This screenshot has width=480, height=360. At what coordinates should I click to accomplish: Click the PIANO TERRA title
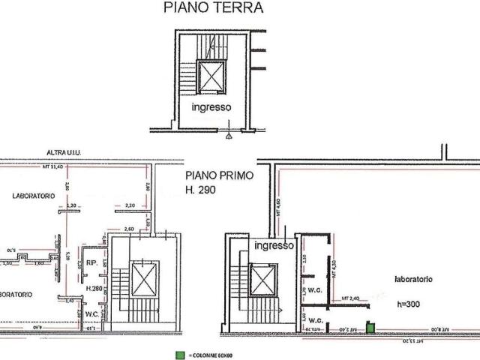tap(213, 8)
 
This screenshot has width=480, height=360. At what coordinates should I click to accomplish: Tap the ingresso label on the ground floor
tap(211, 107)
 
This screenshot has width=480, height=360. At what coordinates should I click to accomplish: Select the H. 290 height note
tap(200, 191)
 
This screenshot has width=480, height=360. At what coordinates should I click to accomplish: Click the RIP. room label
tap(91, 263)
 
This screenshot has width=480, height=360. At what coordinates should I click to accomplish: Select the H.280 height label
tap(94, 288)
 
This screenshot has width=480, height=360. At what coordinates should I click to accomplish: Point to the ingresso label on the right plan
tap(272, 245)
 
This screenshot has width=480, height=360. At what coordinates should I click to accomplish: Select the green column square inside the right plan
tap(370, 328)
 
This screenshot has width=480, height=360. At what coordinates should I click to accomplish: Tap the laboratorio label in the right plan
tap(412, 278)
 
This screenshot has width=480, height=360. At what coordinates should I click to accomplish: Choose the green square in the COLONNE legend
tap(178, 354)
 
